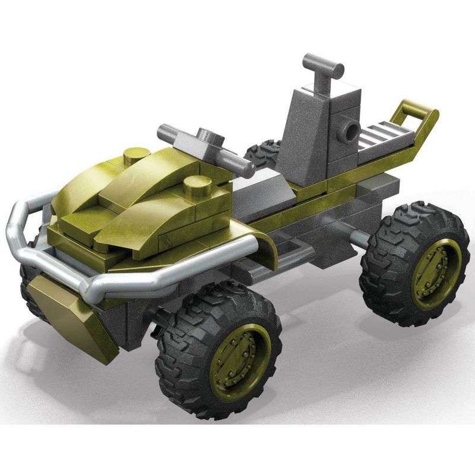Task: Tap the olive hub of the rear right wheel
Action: coord(435,273)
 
